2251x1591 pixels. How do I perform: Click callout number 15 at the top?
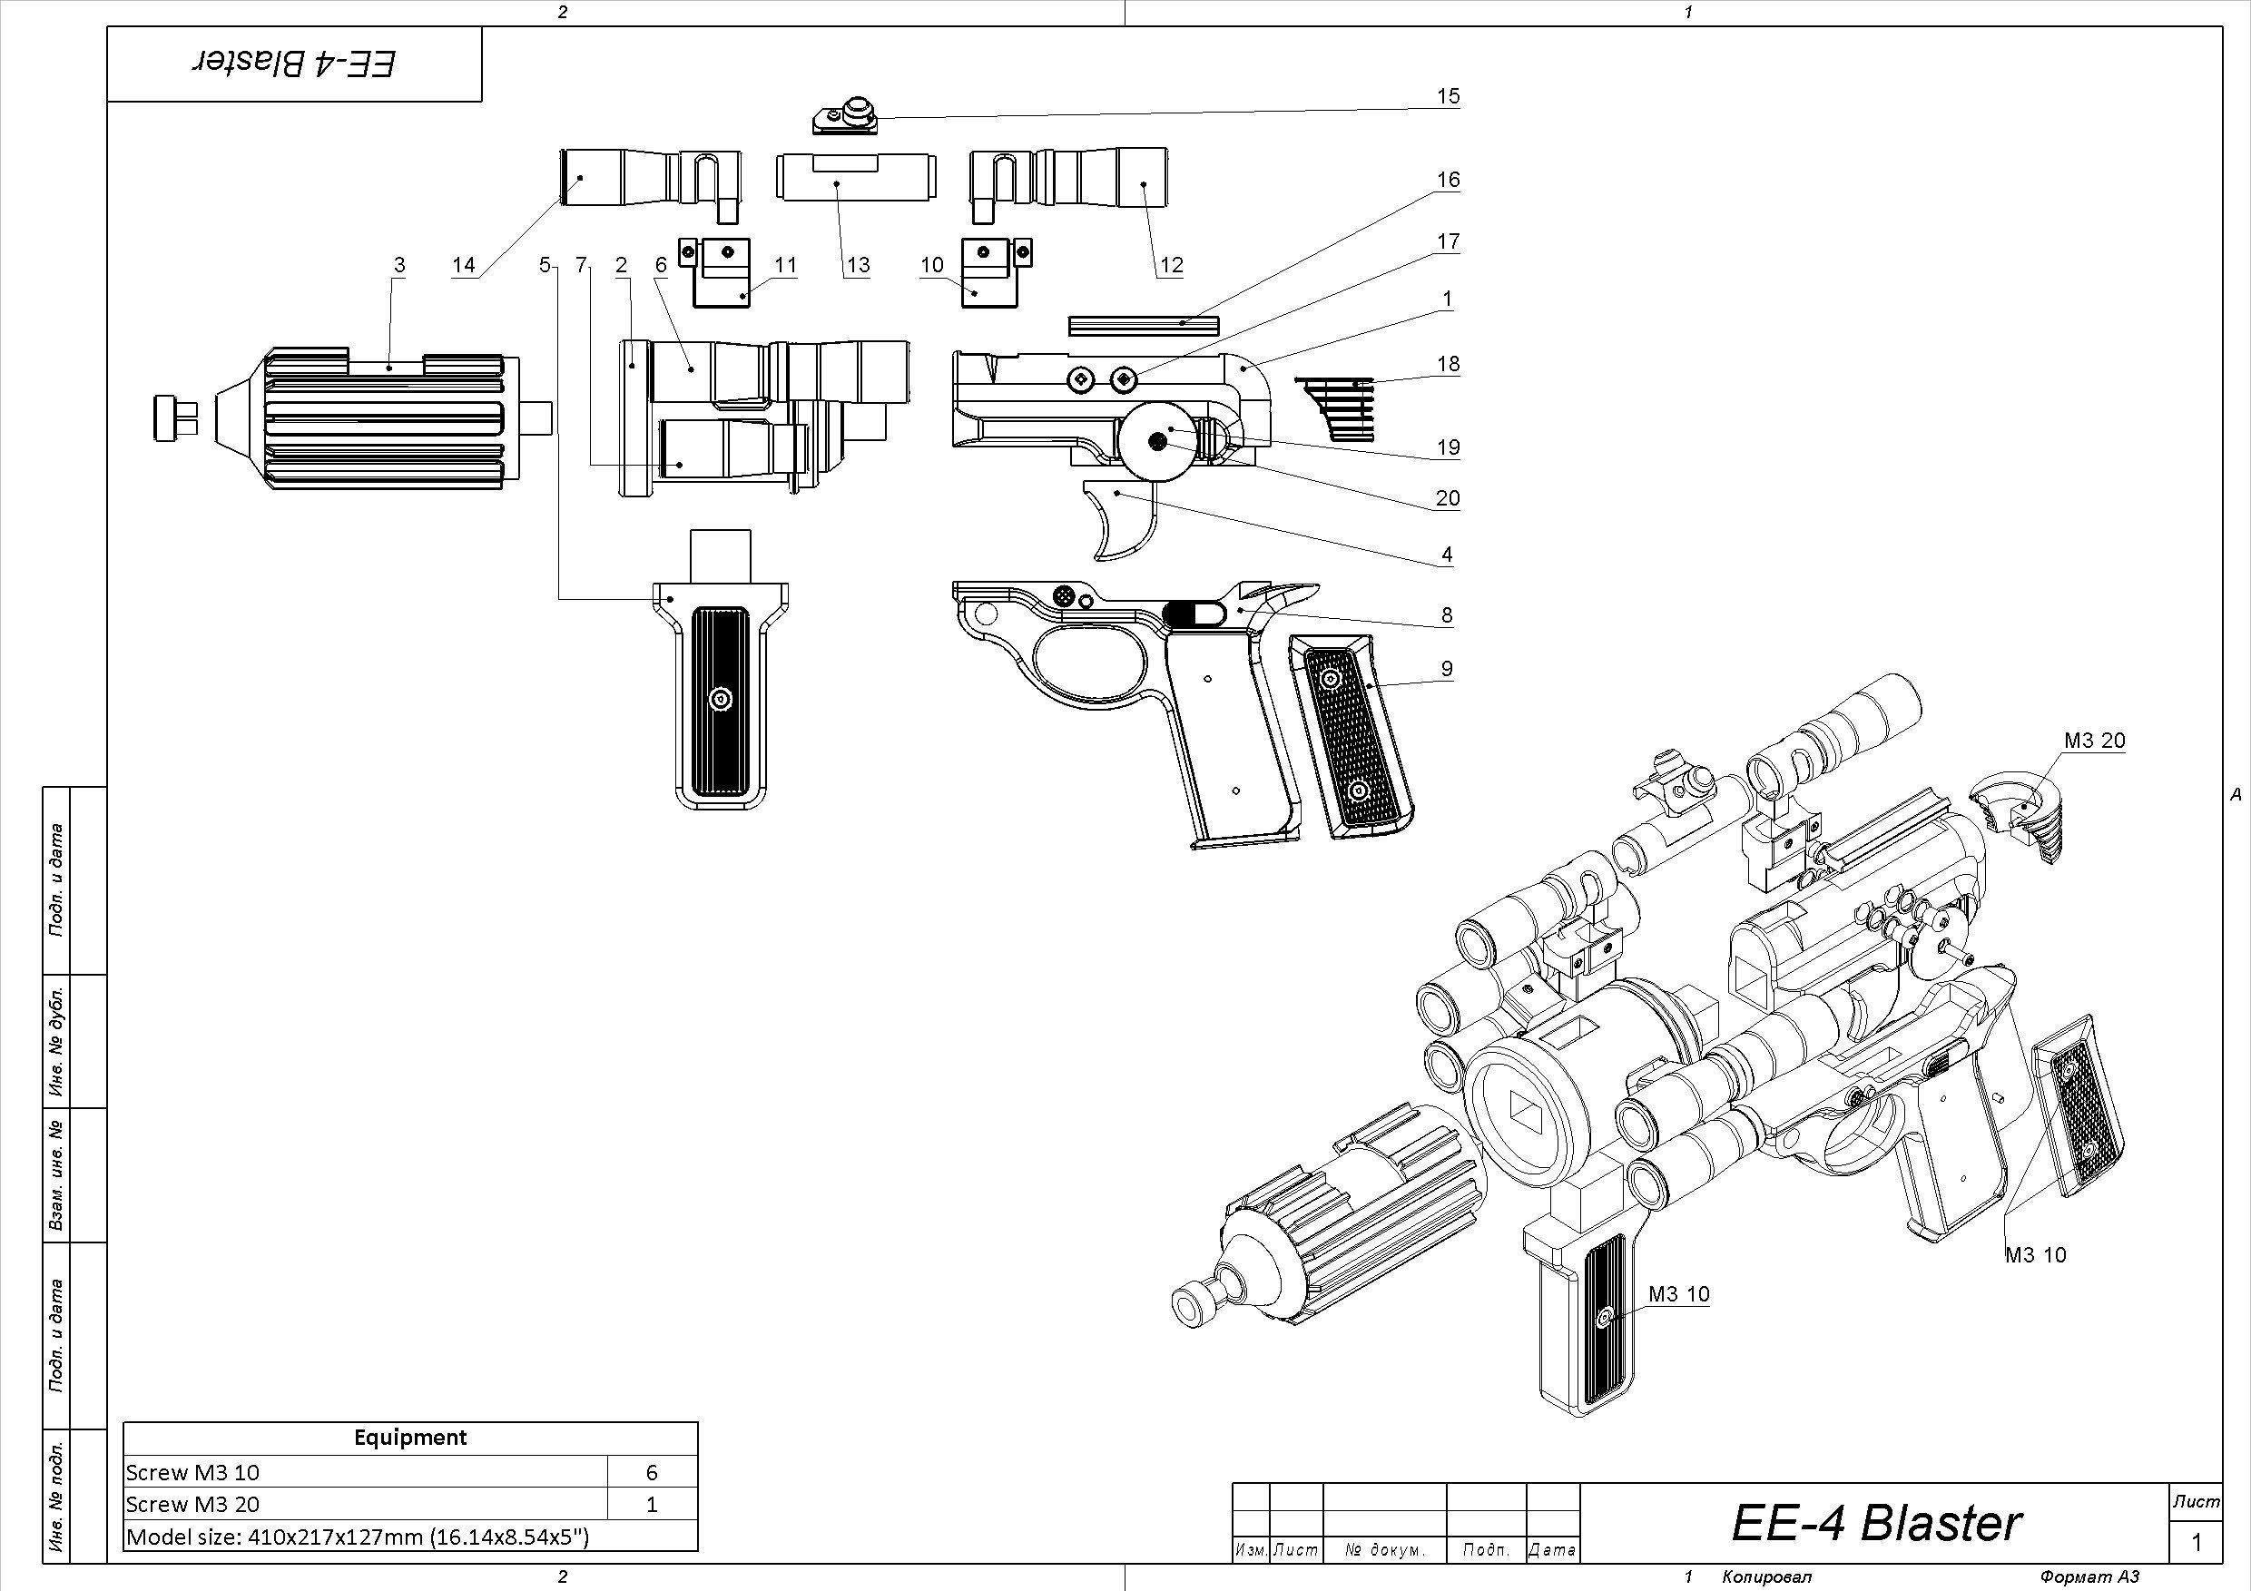1448,96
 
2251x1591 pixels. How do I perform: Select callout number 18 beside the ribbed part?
1448,364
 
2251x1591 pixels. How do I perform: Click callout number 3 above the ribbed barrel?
399,265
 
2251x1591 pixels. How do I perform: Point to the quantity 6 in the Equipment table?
651,1471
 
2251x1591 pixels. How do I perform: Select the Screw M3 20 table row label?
193,1504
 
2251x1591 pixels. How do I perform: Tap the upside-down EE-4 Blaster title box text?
294,64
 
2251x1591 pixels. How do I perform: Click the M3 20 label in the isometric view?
2094,741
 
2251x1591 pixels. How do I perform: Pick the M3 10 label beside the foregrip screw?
1678,1294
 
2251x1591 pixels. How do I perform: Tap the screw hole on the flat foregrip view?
722,699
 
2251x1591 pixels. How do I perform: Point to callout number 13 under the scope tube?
858,265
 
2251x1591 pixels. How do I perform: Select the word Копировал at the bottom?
1766,1577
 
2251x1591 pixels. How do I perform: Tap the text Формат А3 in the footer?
2089,1577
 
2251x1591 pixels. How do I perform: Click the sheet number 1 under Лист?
2197,1542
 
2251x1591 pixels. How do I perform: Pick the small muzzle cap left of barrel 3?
175,417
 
